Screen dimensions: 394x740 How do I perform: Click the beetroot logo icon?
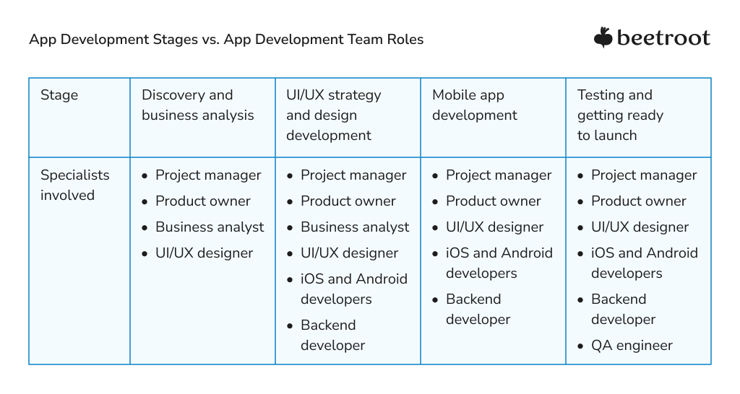click(x=603, y=38)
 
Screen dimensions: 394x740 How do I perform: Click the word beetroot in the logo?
click(x=663, y=38)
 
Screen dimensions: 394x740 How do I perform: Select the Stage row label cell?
click(x=59, y=95)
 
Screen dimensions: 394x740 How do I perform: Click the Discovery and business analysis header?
click(x=197, y=105)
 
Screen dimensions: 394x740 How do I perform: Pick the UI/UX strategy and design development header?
click(x=333, y=115)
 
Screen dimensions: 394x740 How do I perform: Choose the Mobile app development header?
click(x=474, y=105)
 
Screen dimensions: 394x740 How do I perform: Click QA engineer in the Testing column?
click(x=632, y=346)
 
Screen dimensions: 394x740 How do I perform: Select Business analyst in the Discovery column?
click(x=210, y=227)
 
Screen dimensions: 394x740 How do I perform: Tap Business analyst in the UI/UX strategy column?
click(x=355, y=227)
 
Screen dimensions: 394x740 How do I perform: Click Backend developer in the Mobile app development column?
click(x=478, y=309)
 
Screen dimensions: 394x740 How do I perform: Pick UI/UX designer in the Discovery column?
click(x=204, y=253)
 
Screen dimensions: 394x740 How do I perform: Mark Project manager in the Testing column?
click(x=644, y=175)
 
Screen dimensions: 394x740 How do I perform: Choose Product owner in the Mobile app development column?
click(x=493, y=201)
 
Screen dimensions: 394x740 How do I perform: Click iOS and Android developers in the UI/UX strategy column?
click(x=353, y=289)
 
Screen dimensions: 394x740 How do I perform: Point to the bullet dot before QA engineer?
click(x=581, y=346)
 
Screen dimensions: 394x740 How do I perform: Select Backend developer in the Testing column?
click(x=623, y=309)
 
